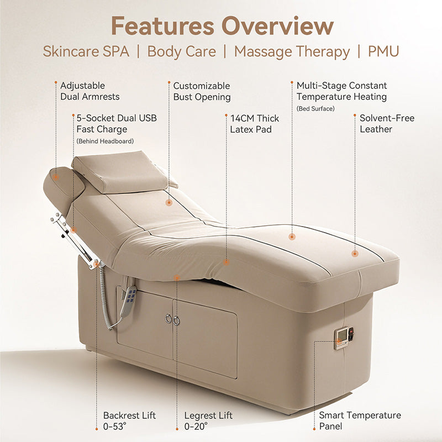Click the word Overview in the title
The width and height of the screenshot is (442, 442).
277,26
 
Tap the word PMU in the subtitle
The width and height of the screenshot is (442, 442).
383,51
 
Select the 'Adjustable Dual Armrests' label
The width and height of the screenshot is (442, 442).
90,91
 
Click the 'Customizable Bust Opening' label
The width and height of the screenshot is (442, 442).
202,92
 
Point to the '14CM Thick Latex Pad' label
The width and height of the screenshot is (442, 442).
255,124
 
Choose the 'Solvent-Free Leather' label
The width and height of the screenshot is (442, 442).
387,123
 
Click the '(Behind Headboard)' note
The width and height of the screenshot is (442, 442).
105,141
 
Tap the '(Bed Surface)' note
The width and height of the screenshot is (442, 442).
315,108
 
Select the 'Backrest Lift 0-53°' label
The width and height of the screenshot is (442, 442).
129,421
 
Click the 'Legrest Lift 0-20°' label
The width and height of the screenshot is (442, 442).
208,421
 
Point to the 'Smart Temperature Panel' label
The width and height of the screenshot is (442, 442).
360,420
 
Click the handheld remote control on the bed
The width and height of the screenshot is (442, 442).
129,302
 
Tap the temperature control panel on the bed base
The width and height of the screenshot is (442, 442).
344,338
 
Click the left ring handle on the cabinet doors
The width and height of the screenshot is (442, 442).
169,319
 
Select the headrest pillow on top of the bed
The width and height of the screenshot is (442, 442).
120,171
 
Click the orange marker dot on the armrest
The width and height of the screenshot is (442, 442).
56,177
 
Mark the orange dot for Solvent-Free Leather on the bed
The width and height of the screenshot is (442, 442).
355,254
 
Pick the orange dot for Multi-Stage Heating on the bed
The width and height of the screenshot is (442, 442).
292,237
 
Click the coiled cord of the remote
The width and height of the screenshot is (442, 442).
105,299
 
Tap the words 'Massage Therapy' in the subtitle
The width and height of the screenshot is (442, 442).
292,52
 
